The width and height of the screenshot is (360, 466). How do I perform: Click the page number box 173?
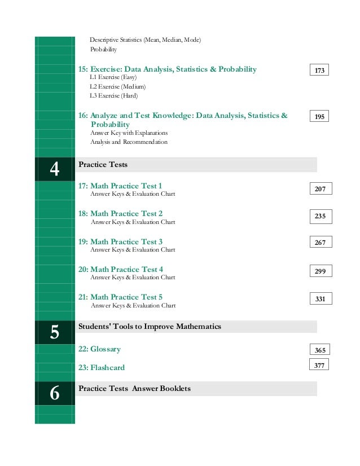pyautogui.click(x=319, y=70)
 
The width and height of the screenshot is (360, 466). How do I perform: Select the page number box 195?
pyautogui.click(x=319, y=116)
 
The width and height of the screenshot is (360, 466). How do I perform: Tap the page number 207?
pyautogui.click(x=320, y=189)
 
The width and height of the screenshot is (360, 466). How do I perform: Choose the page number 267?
pyautogui.click(x=320, y=243)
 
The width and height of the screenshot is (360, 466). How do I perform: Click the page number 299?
pyautogui.click(x=320, y=271)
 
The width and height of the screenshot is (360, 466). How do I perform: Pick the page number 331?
pyautogui.click(x=320, y=299)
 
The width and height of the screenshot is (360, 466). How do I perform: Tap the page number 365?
pyautogui.click(x=320, y=350)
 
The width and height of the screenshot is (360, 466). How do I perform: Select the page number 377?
pyautogui.click(x=319, y=365)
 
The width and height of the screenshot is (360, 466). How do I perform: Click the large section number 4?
pyautogui.click(x=55, y=169)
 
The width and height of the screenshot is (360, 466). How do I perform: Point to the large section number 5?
pyautogui.click(x=55, y=332)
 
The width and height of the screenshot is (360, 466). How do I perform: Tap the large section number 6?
pyautogui.click(x=55, y=393)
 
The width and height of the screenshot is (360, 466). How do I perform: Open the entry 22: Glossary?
pyautogui.click(x=99, y=349)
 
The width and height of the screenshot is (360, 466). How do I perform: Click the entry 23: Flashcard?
pyautogui.click(x=102, y=367)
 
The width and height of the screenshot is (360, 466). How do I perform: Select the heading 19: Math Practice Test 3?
pyautogui.click(x=120, y=241)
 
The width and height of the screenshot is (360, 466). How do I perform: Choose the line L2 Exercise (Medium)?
pyautogui.click(x=117, y=86)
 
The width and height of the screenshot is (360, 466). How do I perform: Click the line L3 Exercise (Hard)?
pyautogui.click(x=113, y=95)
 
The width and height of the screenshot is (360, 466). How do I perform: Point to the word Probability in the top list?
pyautogui.click(x=103, y=50)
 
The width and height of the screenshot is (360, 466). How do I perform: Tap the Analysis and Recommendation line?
pyautogui.click(x=129, y=142)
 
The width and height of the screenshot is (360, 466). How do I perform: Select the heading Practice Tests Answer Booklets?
pyautogui.click(x=134, y=389)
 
